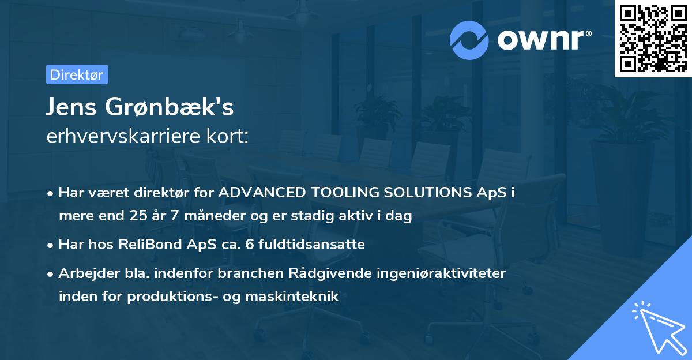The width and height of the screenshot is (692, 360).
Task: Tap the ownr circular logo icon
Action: click(470, 40)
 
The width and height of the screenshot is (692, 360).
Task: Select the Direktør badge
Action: click(77, 74)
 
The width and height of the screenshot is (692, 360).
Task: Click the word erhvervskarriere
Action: click(121, 136)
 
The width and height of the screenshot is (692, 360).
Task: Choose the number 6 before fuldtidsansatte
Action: click(249, 245)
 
